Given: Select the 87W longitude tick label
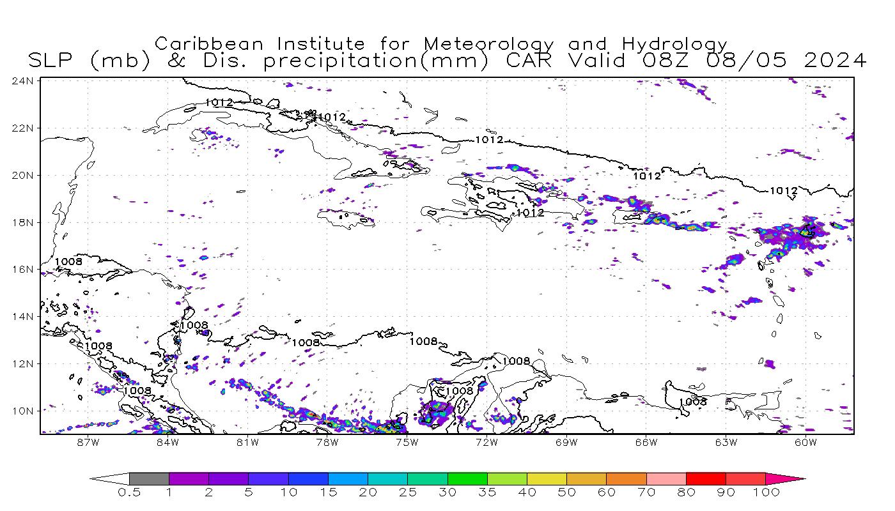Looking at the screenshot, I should pos(88,441).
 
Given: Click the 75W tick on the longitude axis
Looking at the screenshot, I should pos(407,441).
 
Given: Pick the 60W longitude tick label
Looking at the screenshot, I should pos(805,441).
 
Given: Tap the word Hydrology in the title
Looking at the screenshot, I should pos(674,44).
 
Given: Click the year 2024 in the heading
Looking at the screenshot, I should pos(835,61).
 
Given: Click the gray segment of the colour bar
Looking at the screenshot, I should pos(149,478).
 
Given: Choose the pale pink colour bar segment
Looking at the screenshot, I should pos(665,478).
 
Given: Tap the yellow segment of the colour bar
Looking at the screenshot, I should pos(547,478).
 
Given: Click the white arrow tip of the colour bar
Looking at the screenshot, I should pos(105,478).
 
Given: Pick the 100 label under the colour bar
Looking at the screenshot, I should pos(765,492).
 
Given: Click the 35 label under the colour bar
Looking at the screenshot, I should pos(486,492).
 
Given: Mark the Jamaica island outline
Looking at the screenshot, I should pos(346,218).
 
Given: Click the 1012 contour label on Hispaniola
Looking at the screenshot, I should pos(530,213).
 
